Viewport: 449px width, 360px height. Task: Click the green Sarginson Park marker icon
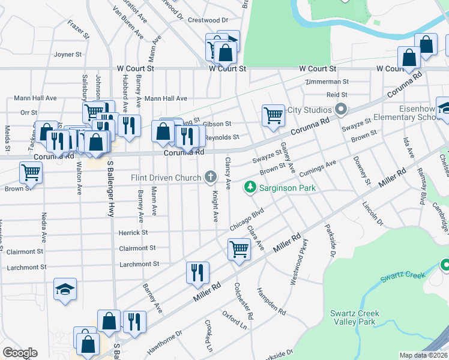[x=251, y=188]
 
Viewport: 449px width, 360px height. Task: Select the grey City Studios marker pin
[x=341, y=110]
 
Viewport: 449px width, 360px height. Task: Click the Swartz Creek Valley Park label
[x=353, y=317]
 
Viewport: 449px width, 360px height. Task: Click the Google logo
[x=20, y=352]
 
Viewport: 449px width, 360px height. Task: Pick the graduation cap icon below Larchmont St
[x=65, y=290]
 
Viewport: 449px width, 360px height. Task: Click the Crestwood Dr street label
[x=208, y=20]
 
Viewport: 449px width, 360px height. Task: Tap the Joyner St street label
[x=67, y=55]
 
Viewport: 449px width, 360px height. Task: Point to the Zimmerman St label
[x=327, y=82]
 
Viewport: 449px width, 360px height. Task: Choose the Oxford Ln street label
[x=234, y=320]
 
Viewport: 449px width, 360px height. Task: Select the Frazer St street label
[x=79, y=28]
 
